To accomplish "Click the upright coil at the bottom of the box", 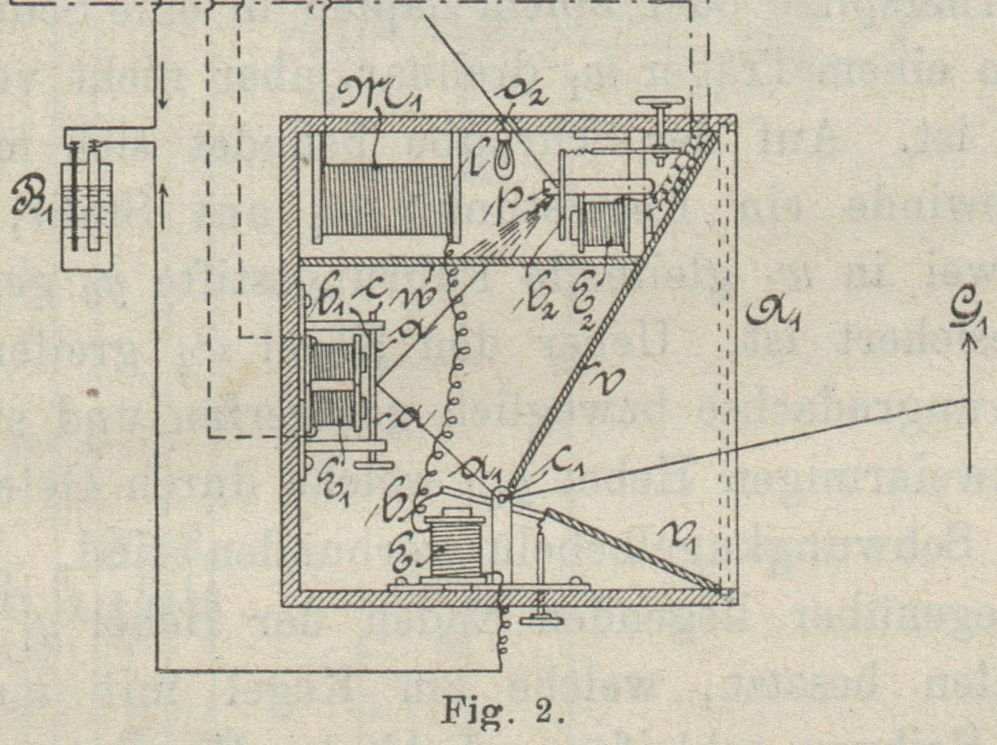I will coord(453,548).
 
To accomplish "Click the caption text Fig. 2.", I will coord(502,710).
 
